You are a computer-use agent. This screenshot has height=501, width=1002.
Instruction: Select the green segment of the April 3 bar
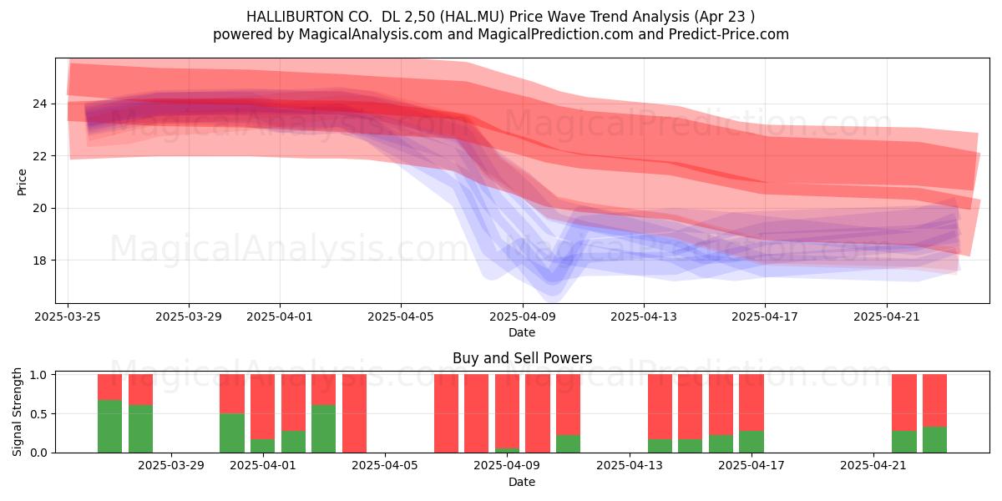tap(323, 428)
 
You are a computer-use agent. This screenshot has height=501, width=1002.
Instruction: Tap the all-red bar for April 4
tap(354, 413)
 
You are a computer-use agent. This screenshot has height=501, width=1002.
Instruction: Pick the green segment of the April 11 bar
tap(568, 443)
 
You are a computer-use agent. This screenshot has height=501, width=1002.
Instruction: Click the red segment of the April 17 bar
tap(751, 402)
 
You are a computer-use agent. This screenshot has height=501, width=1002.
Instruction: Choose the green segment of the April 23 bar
tap(934, 440)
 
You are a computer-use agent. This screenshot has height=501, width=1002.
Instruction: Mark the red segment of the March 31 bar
tap(232, 393)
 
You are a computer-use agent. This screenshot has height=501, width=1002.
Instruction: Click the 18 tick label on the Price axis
tap(39, 261)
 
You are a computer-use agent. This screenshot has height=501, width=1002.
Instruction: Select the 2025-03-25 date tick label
tap(68, 316)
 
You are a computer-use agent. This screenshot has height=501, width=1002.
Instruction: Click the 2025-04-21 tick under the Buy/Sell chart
tap(873, 466)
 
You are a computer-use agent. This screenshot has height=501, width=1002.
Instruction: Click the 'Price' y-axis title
tap(22, 183)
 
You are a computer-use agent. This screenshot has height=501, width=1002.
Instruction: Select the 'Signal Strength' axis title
tap(17, 412)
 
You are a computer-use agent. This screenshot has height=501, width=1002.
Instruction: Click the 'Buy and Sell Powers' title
tap(523, 358)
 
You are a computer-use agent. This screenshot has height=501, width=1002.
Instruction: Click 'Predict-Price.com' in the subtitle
tap(729, 34)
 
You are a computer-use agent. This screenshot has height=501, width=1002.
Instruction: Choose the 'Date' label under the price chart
tap(522, 332)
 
